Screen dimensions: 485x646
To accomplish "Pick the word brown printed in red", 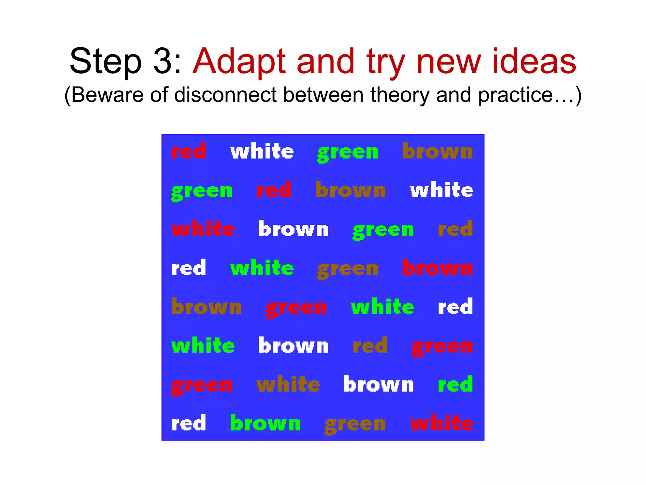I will (438, 268).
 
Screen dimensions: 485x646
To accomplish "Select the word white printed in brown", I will (288, 385).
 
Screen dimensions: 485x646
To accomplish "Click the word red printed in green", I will (455, 385).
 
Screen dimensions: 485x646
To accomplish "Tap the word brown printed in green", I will (265, 423).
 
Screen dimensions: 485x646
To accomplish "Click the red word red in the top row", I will (188, 152).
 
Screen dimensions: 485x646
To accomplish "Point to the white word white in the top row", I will (262, 152).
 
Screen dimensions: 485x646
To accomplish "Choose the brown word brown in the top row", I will (438, 152).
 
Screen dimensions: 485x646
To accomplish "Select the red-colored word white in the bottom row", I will (442, 423).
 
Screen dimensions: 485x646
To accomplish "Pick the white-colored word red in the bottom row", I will (188, 423).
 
